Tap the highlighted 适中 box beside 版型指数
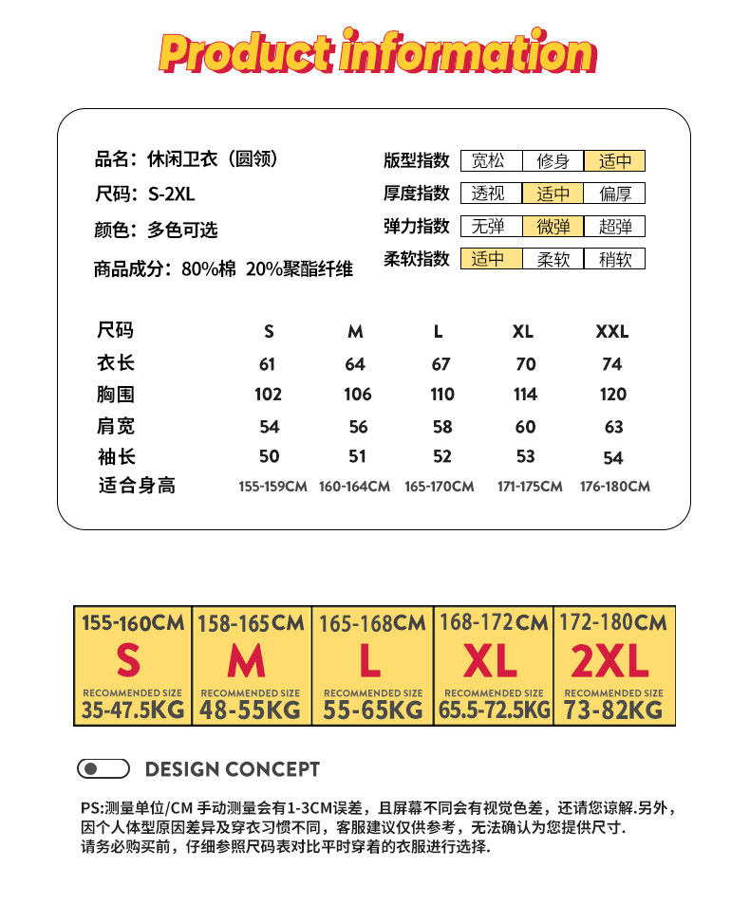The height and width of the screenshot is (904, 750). [x=614, y=161]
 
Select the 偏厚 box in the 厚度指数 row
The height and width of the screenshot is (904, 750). [x=614, y=194]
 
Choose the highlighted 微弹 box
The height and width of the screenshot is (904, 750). [x=553, y=227]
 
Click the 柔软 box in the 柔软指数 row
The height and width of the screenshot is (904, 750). [x=553, y=259]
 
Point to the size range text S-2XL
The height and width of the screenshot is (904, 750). [x=171, y=194]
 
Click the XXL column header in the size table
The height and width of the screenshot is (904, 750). [x=612, y=332]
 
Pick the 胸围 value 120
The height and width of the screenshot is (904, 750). [x=613, y=395]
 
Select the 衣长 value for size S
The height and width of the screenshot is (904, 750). [x=267, y=364]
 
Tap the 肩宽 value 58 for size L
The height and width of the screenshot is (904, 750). [x=441, y=427]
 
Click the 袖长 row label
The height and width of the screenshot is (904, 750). [x=116, y=456]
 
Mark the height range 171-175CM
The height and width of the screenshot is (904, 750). [x=530, y=487]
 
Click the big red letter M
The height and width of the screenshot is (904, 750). [x=247, y=661]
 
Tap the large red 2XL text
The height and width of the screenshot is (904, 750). [x=609, y=661]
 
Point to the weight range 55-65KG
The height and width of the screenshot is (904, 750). [x=372, y=710]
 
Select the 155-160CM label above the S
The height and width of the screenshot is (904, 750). [x=133, y=623]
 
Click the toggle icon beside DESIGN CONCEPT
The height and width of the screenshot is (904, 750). [x=103, y=768]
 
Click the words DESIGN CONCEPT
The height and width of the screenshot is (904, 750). [x=233, y=769]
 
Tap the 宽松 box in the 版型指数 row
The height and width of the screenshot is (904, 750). [x=489, y=161]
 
